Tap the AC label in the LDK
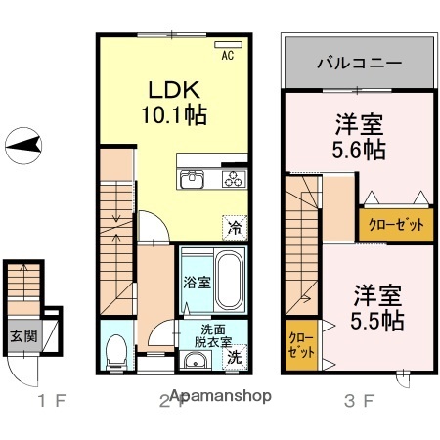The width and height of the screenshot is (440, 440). [227, 56]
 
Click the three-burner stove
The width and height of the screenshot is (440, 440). [235, 179]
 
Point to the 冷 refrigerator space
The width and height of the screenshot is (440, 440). [235, 227]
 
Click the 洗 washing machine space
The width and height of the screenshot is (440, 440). [236, 358]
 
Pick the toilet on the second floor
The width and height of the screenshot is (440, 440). [115, 347]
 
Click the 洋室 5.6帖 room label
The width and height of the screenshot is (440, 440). [358, 137]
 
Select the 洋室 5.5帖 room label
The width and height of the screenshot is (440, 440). [375, 306]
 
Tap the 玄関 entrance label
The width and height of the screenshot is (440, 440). [23, 335]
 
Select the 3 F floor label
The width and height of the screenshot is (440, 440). [360, 400]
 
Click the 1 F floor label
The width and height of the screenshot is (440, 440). [52, 400]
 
